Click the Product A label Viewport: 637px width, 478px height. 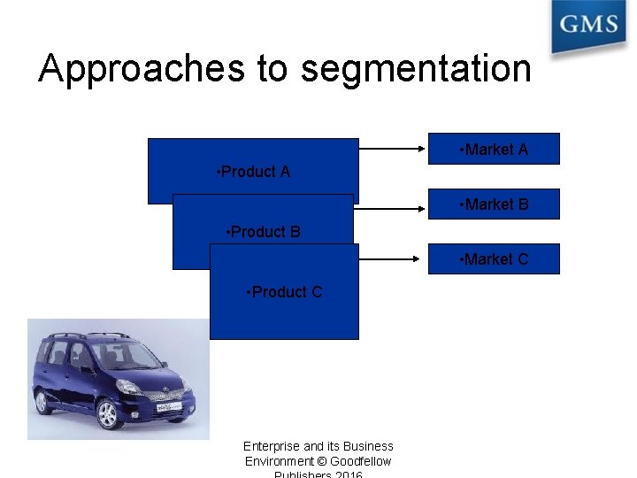pos(253,172)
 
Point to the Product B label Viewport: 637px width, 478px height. pos(264,232)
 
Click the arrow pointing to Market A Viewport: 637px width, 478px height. pos(393,150)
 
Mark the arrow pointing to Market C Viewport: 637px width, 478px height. pos(388,258)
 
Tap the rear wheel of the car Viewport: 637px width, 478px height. pos(41,401)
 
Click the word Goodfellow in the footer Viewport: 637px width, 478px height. pos(361,461)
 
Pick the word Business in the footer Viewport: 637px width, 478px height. pos(368,446)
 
